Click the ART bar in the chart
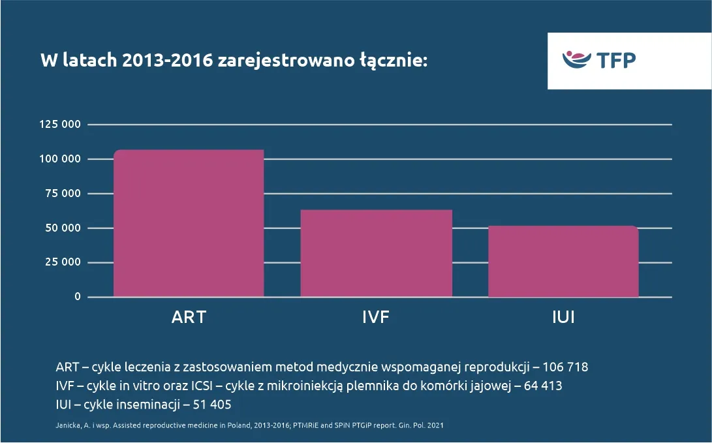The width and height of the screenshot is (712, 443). [189, 223]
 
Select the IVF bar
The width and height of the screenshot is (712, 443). [377, 253]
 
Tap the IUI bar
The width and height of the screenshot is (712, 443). [563, 261]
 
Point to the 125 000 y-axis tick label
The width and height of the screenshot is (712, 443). [59, 124]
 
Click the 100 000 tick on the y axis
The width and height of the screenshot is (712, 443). [59, 159]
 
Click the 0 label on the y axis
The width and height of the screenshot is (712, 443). [77, 297]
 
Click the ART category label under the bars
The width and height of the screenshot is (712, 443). [189, 318]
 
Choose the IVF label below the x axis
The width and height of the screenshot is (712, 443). [377, 318]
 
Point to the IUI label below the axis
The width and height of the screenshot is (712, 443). [563, 318]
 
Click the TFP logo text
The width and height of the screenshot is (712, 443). [616, 60]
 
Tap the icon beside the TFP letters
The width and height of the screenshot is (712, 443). [577, 59]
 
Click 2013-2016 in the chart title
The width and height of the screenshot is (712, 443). [168, 61]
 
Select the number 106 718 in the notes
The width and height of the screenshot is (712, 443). [570, 367]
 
